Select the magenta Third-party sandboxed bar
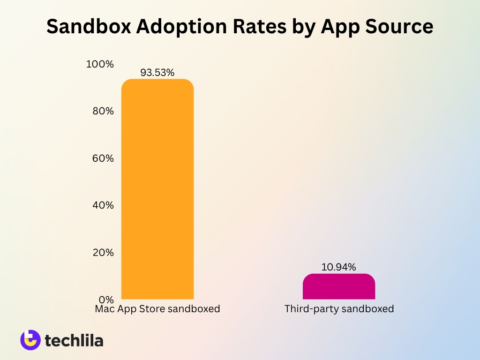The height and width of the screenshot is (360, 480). (x=339, y=286)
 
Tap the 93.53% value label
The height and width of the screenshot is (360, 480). (x=157, y=73)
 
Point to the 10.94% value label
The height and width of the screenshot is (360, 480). (x=339, y=267)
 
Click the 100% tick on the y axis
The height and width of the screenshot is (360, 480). (x=100, y=64)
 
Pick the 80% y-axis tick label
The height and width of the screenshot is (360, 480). (x=103, y=111)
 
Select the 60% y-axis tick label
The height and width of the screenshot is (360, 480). (x=103, y=158)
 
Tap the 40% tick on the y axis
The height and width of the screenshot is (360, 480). (x=103, y=205)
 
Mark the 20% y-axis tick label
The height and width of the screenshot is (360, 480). (x=103, y=252)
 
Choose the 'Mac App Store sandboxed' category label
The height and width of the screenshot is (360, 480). (x=157, y=309)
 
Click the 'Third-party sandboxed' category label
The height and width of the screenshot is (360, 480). (x=339, y=309)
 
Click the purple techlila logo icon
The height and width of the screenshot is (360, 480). (x=30, y=340)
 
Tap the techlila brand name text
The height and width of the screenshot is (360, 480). (x=74, y=340)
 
